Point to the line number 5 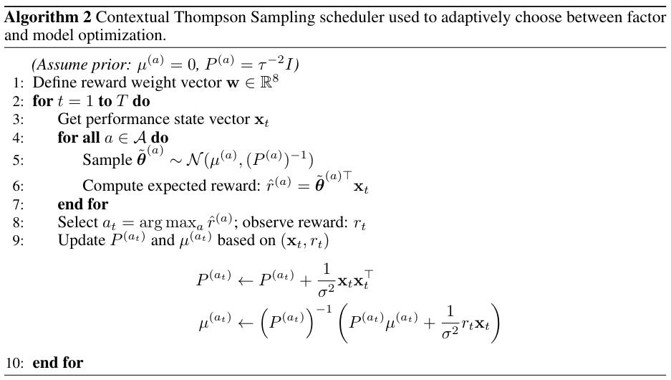pyautogui.click(x=17, y=158)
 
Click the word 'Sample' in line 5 pyautogui.click(x=104, y=159)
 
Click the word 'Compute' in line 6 pyautogui.click(x=111, y=186)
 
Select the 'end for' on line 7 pyautogui.click(x=82, y=204)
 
